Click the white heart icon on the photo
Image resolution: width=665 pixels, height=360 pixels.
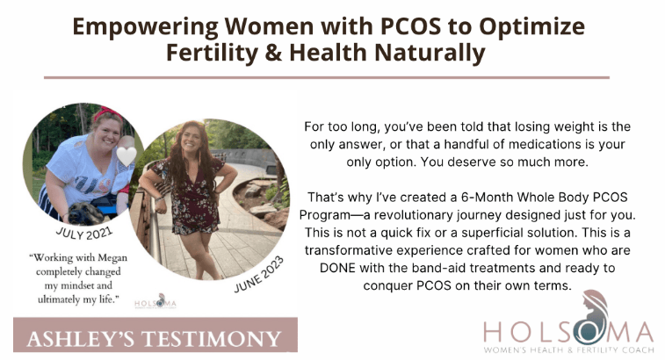click(x=127, y=156)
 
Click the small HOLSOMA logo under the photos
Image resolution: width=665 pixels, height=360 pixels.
click(x=155, y=303)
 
